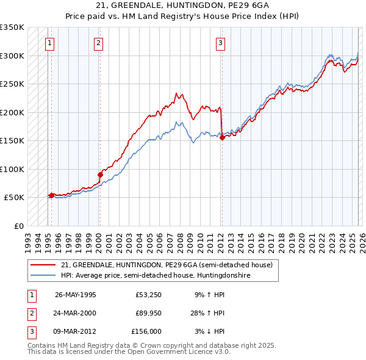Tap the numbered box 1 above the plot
click(49, 43)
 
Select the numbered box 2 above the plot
click(98, 43)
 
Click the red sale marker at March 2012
click(222, 137)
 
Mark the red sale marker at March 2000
click(100, 175)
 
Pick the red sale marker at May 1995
click(51, 196)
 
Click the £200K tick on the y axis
click(12, 112)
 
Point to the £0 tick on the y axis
click(17, 226)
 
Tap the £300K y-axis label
click(12, 56)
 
